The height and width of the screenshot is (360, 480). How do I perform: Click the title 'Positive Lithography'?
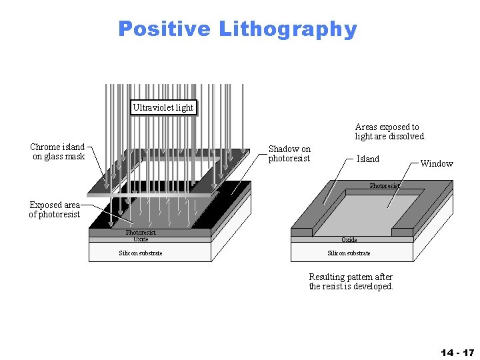click(x=237, y=29)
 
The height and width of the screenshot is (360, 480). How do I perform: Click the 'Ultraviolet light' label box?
click(x=163, y=107)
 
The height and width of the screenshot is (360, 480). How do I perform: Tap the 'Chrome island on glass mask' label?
click(x=59, y=151)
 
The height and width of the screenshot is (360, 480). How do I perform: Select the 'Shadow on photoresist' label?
click(x=289, y=153)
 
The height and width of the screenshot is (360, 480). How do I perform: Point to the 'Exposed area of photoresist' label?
click(x=55, y=209)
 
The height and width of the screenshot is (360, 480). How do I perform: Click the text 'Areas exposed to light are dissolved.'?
click(x=390, y=131)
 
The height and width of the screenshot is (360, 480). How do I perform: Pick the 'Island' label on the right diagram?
click(x=368, y=159)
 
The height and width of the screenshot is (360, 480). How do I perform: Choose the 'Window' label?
click(x=437, y=163)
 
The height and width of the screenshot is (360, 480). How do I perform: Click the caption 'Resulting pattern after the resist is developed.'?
click(x=351, y=281)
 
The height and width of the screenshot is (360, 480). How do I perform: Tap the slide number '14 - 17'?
click(x=457, y=351)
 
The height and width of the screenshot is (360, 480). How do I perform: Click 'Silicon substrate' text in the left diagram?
click(x=141, y=253)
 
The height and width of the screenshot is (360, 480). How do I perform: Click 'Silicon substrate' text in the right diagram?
click(x=349, y=253)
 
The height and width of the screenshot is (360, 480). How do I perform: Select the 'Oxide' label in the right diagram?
click(x=349, y=239)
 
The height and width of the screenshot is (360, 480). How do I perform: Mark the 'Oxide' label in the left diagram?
click(x=141, y=239)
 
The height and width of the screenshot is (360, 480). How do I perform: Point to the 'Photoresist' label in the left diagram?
click(x=141, y=233)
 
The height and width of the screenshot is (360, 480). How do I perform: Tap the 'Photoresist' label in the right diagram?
click(x=385, y=186)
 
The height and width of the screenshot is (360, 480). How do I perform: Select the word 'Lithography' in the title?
click(x=288, y=29)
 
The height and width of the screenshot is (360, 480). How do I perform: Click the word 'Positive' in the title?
click(x=164, y=29)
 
